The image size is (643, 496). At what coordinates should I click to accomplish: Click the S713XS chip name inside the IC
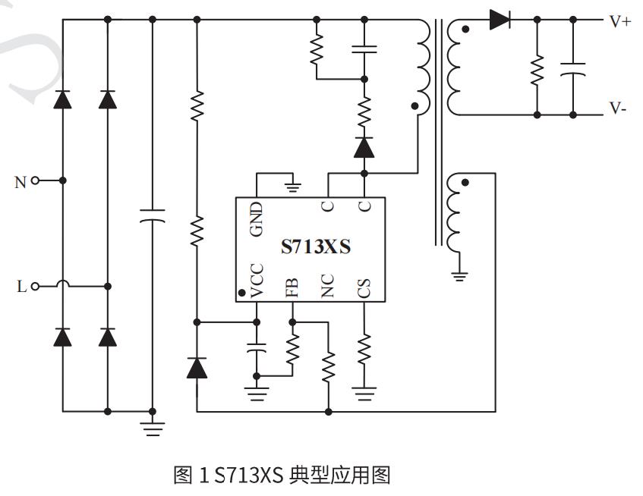point(316,247)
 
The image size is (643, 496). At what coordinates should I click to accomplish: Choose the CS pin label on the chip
point(364,287)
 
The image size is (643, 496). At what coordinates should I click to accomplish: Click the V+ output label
point(620,21)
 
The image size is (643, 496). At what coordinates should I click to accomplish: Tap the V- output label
point(619,108)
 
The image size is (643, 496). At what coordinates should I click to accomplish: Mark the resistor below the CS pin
point(364,348)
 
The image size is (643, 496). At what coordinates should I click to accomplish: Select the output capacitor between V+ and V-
point(573,69)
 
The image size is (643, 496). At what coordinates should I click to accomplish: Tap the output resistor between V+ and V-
point(537,69)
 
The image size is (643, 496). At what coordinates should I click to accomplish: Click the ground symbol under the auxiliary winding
point(459,275)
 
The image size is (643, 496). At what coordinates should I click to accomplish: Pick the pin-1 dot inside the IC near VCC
point(241,291)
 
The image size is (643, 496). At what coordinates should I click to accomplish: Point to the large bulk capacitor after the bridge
point(152,216)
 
